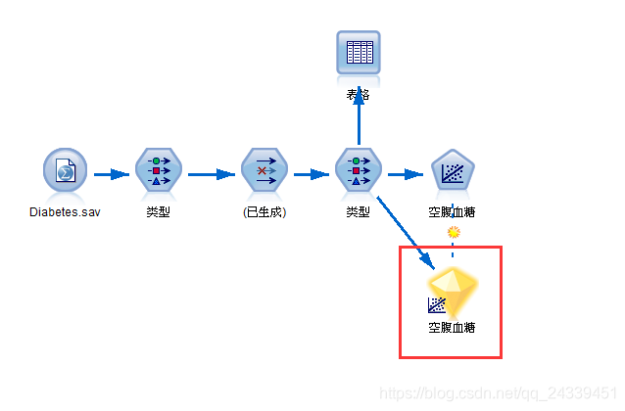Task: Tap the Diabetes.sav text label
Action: click(65, 211)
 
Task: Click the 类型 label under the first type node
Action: click(158, 211)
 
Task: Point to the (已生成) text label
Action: click(264, 211)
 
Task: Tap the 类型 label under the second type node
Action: click(359, 211)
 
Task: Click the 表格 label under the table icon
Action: click(359, 94)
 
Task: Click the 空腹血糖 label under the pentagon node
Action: click(453, 211)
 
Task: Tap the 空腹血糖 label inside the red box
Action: click(453, 328)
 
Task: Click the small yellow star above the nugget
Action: click(453, 233)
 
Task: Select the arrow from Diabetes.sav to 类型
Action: click(112, 174)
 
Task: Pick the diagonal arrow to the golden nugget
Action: click(404, 232)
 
